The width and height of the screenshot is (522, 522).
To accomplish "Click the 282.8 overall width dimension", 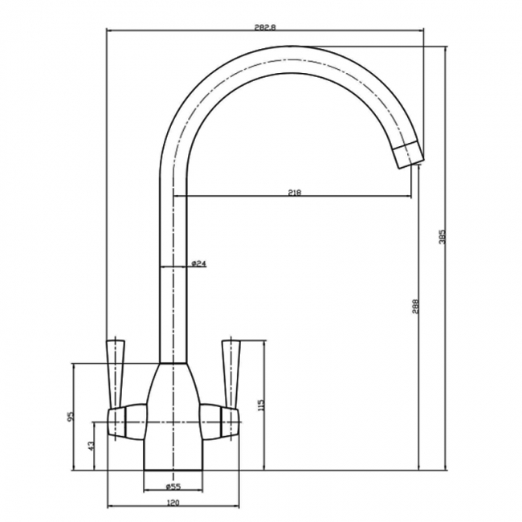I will pyautogui.click(x=263, y=27).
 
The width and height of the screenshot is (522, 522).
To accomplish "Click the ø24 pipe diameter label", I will pyautogui.click(x=199, y=263).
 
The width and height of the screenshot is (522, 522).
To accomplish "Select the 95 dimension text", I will pyautogui.click(x=71, y=416).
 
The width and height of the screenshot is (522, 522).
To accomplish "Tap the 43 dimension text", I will pyautogui.click(x=91, y=445).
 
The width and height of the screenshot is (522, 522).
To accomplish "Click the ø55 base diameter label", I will pyautogui.click(x=172, y=487).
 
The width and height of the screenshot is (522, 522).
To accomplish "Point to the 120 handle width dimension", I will pyautogui.click(x=172, y=503).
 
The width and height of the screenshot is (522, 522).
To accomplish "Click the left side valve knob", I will pyautogui.click(x=127, y=422).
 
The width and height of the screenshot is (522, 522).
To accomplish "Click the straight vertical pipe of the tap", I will pyautogui.click(x=173, y=265).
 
